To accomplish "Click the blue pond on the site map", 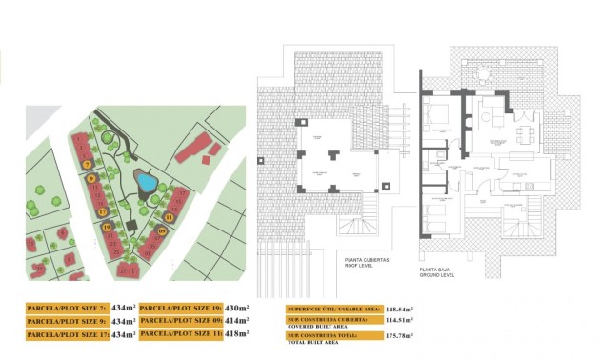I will coord(146,180).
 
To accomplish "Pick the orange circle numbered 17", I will coord(102,211).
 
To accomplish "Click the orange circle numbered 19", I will coord(107,227).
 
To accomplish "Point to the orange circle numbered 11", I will coord(169,217).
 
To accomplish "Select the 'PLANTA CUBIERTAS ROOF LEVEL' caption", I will coord(368,263).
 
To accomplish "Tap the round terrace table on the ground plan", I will coord(488,117).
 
